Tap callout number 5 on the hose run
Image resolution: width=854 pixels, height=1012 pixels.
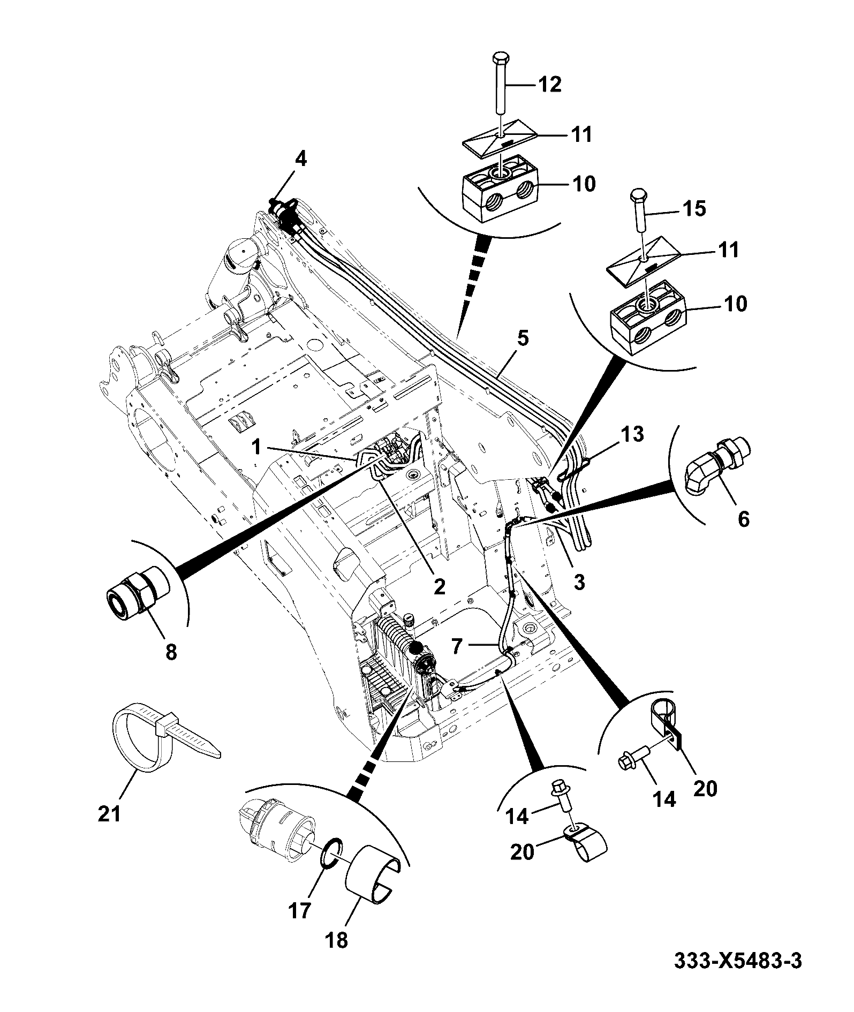pos(523,339)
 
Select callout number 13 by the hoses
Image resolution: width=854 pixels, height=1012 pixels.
pos(632,434)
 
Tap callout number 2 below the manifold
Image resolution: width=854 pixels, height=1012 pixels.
pos(439,586)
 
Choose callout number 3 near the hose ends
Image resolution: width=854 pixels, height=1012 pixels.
pos(579,581)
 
